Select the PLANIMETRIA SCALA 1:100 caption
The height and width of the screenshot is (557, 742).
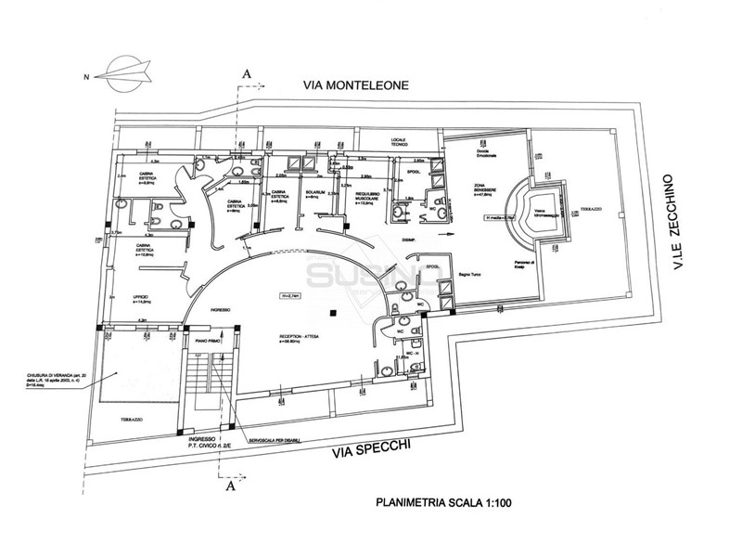(443, 504)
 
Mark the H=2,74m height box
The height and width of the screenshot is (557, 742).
(293, 296)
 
